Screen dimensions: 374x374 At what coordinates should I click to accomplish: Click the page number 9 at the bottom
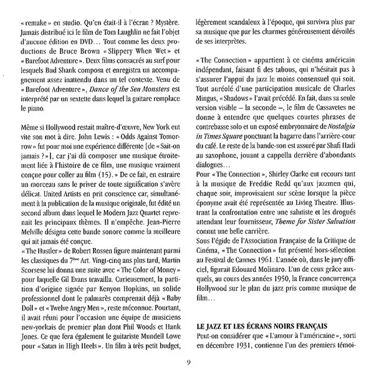pyautogui.click(x=188, y=364)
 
